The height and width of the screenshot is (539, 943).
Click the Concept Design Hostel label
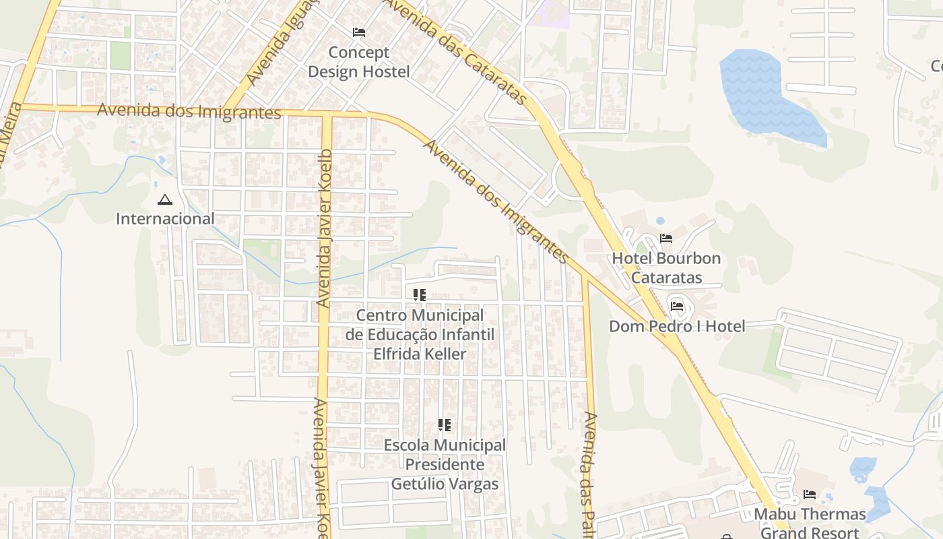(358, 62)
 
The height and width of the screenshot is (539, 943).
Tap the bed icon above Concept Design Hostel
(359, 32)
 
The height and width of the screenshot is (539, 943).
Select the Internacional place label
(165, 218)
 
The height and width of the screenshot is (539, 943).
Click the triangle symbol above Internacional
(164, 199)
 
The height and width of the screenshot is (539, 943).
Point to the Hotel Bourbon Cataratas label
(666, 267)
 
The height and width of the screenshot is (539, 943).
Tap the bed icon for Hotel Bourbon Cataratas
(666, 238)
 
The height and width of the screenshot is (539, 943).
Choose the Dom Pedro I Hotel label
(677, 327)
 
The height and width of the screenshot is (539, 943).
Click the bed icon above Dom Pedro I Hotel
(677, 306)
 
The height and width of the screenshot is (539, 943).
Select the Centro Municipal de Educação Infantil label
(420, 334)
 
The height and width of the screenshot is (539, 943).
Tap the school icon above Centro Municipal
(420, 294)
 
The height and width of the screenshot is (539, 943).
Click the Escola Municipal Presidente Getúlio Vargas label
(445, 464)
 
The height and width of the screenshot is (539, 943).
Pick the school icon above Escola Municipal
(444, 424)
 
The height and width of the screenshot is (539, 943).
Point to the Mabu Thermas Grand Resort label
(810, 523)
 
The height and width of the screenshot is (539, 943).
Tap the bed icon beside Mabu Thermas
(810, 495)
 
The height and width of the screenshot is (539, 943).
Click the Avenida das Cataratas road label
(456, 50)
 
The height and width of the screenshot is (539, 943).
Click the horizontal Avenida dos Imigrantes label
(189, 110)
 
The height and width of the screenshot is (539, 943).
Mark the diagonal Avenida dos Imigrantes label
(496, 201)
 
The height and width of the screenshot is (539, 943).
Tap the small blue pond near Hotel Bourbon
(660, 220)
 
